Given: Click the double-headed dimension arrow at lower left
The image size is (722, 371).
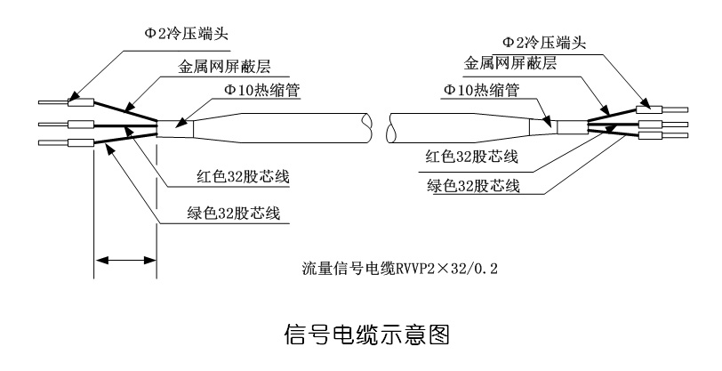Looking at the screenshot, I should pos(126,261).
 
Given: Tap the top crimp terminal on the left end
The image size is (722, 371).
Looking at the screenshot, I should pos(82,100).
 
